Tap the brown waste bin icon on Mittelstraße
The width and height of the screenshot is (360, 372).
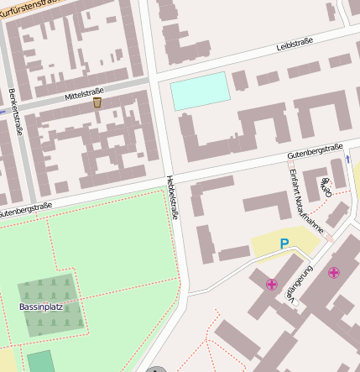97,102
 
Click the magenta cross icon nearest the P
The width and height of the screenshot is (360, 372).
271,285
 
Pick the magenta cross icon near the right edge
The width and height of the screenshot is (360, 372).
334,272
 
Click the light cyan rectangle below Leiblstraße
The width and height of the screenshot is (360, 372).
200,91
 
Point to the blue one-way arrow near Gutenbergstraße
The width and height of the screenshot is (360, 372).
347,158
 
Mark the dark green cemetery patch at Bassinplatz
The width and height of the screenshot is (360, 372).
50,306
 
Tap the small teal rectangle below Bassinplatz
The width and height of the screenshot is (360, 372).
39,361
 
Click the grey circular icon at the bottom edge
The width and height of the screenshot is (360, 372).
154,368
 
